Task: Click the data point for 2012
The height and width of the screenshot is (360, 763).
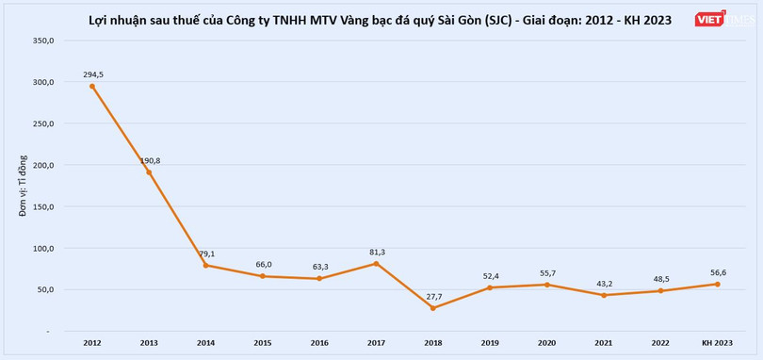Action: (91, 86)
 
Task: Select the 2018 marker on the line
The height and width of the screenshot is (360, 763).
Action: (432, 308)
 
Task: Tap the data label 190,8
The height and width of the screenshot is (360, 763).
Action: (151, 160)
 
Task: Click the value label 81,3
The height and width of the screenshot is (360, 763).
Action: (375, 252)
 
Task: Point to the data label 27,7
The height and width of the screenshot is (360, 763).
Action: (432, 297)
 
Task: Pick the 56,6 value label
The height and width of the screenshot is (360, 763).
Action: (718, 272)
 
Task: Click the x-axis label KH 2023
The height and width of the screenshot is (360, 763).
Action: (717, 343)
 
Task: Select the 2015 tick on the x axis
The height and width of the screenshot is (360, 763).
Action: (262, 343)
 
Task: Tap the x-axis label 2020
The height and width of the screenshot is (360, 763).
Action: (546, 343)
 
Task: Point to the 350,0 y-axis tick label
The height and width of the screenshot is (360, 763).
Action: (43, 41)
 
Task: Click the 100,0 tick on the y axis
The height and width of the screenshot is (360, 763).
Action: (43, 249)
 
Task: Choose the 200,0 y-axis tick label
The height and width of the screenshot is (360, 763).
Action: (43, 166)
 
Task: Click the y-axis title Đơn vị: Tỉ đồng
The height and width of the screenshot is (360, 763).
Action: (23, 186)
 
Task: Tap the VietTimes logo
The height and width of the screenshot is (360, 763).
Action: (722, 20)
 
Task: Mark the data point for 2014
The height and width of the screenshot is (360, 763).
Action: (205, 265)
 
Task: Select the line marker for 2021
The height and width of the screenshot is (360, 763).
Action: (603, 295)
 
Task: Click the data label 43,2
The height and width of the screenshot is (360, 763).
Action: (603, 284)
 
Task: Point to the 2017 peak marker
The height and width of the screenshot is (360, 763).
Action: (376, 263)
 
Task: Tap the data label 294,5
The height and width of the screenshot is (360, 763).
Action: (91, 74)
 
